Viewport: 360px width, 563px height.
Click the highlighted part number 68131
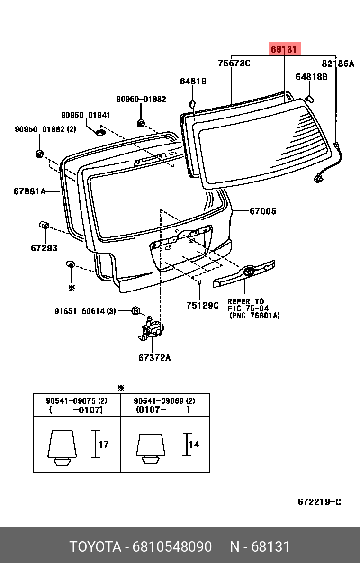(284, 49)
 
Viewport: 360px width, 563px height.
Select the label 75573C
(234, 64)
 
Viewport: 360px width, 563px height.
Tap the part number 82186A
(338, 64)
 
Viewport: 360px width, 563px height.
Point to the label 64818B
(312, 77)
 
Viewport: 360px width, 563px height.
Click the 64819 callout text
(193, 82)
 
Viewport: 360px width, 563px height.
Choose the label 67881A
(30, 191)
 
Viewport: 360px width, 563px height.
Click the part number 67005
(263, 211)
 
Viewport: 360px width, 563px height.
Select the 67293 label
(44, 248)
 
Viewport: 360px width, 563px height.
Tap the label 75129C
(202, 306)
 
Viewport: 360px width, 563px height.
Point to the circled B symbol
(135, 311)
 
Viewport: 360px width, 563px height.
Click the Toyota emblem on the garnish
(248, 272)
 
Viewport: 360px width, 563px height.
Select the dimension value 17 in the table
(103, 445)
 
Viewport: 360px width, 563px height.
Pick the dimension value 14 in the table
(194, 445)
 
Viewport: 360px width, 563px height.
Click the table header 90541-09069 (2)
(164, 401)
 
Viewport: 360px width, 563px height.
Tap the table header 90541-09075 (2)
(76, 401)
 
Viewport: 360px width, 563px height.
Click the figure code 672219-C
(319, 502)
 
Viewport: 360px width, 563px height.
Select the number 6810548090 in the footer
(172, 546)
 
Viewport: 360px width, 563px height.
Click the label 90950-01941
(86, 115)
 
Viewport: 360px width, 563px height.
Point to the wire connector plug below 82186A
(318, 178)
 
